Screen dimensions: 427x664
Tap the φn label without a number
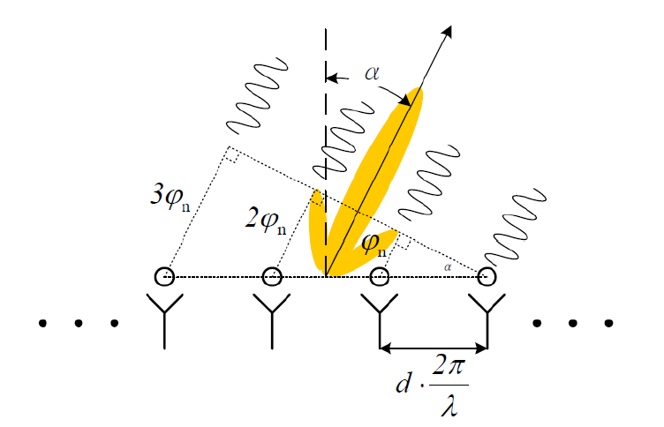371,243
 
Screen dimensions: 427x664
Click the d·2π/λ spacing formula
434,385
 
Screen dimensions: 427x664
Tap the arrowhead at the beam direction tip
448,33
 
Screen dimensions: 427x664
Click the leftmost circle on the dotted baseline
164,277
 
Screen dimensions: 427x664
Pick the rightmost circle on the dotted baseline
486,277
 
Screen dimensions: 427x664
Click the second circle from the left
272,277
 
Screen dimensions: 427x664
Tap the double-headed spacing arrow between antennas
433,345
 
